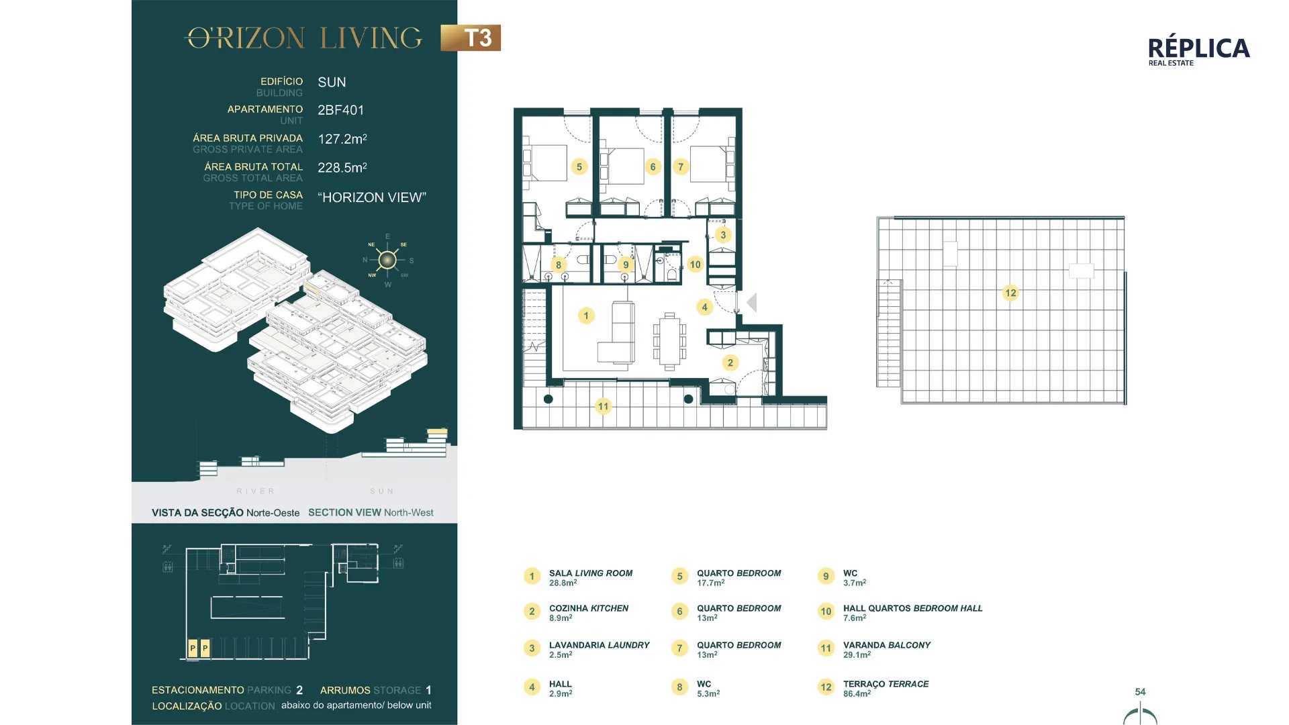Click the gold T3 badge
[x=471, y=38]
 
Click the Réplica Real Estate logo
[x=1198, y=51]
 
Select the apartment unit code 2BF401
[x=340, y=110]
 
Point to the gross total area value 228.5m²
[x=342, y=168]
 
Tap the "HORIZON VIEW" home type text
[x=372, y=197]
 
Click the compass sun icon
[x=387, y=260]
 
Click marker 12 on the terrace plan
[x=1010, y=293]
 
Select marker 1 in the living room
[x=586, y=316]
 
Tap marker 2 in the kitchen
[x=730, y=362]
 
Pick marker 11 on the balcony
[x=603, y=406]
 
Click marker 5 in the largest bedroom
[x=579, y=166]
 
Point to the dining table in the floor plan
[x=669, y=341]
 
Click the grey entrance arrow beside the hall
[x=752, y=303]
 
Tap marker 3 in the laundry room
[x=723, y=235]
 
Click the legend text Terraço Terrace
[x=886, y=684]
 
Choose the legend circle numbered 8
[x=679, y=687]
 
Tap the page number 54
[x=1140, y=691]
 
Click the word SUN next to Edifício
[x=332, y=82]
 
